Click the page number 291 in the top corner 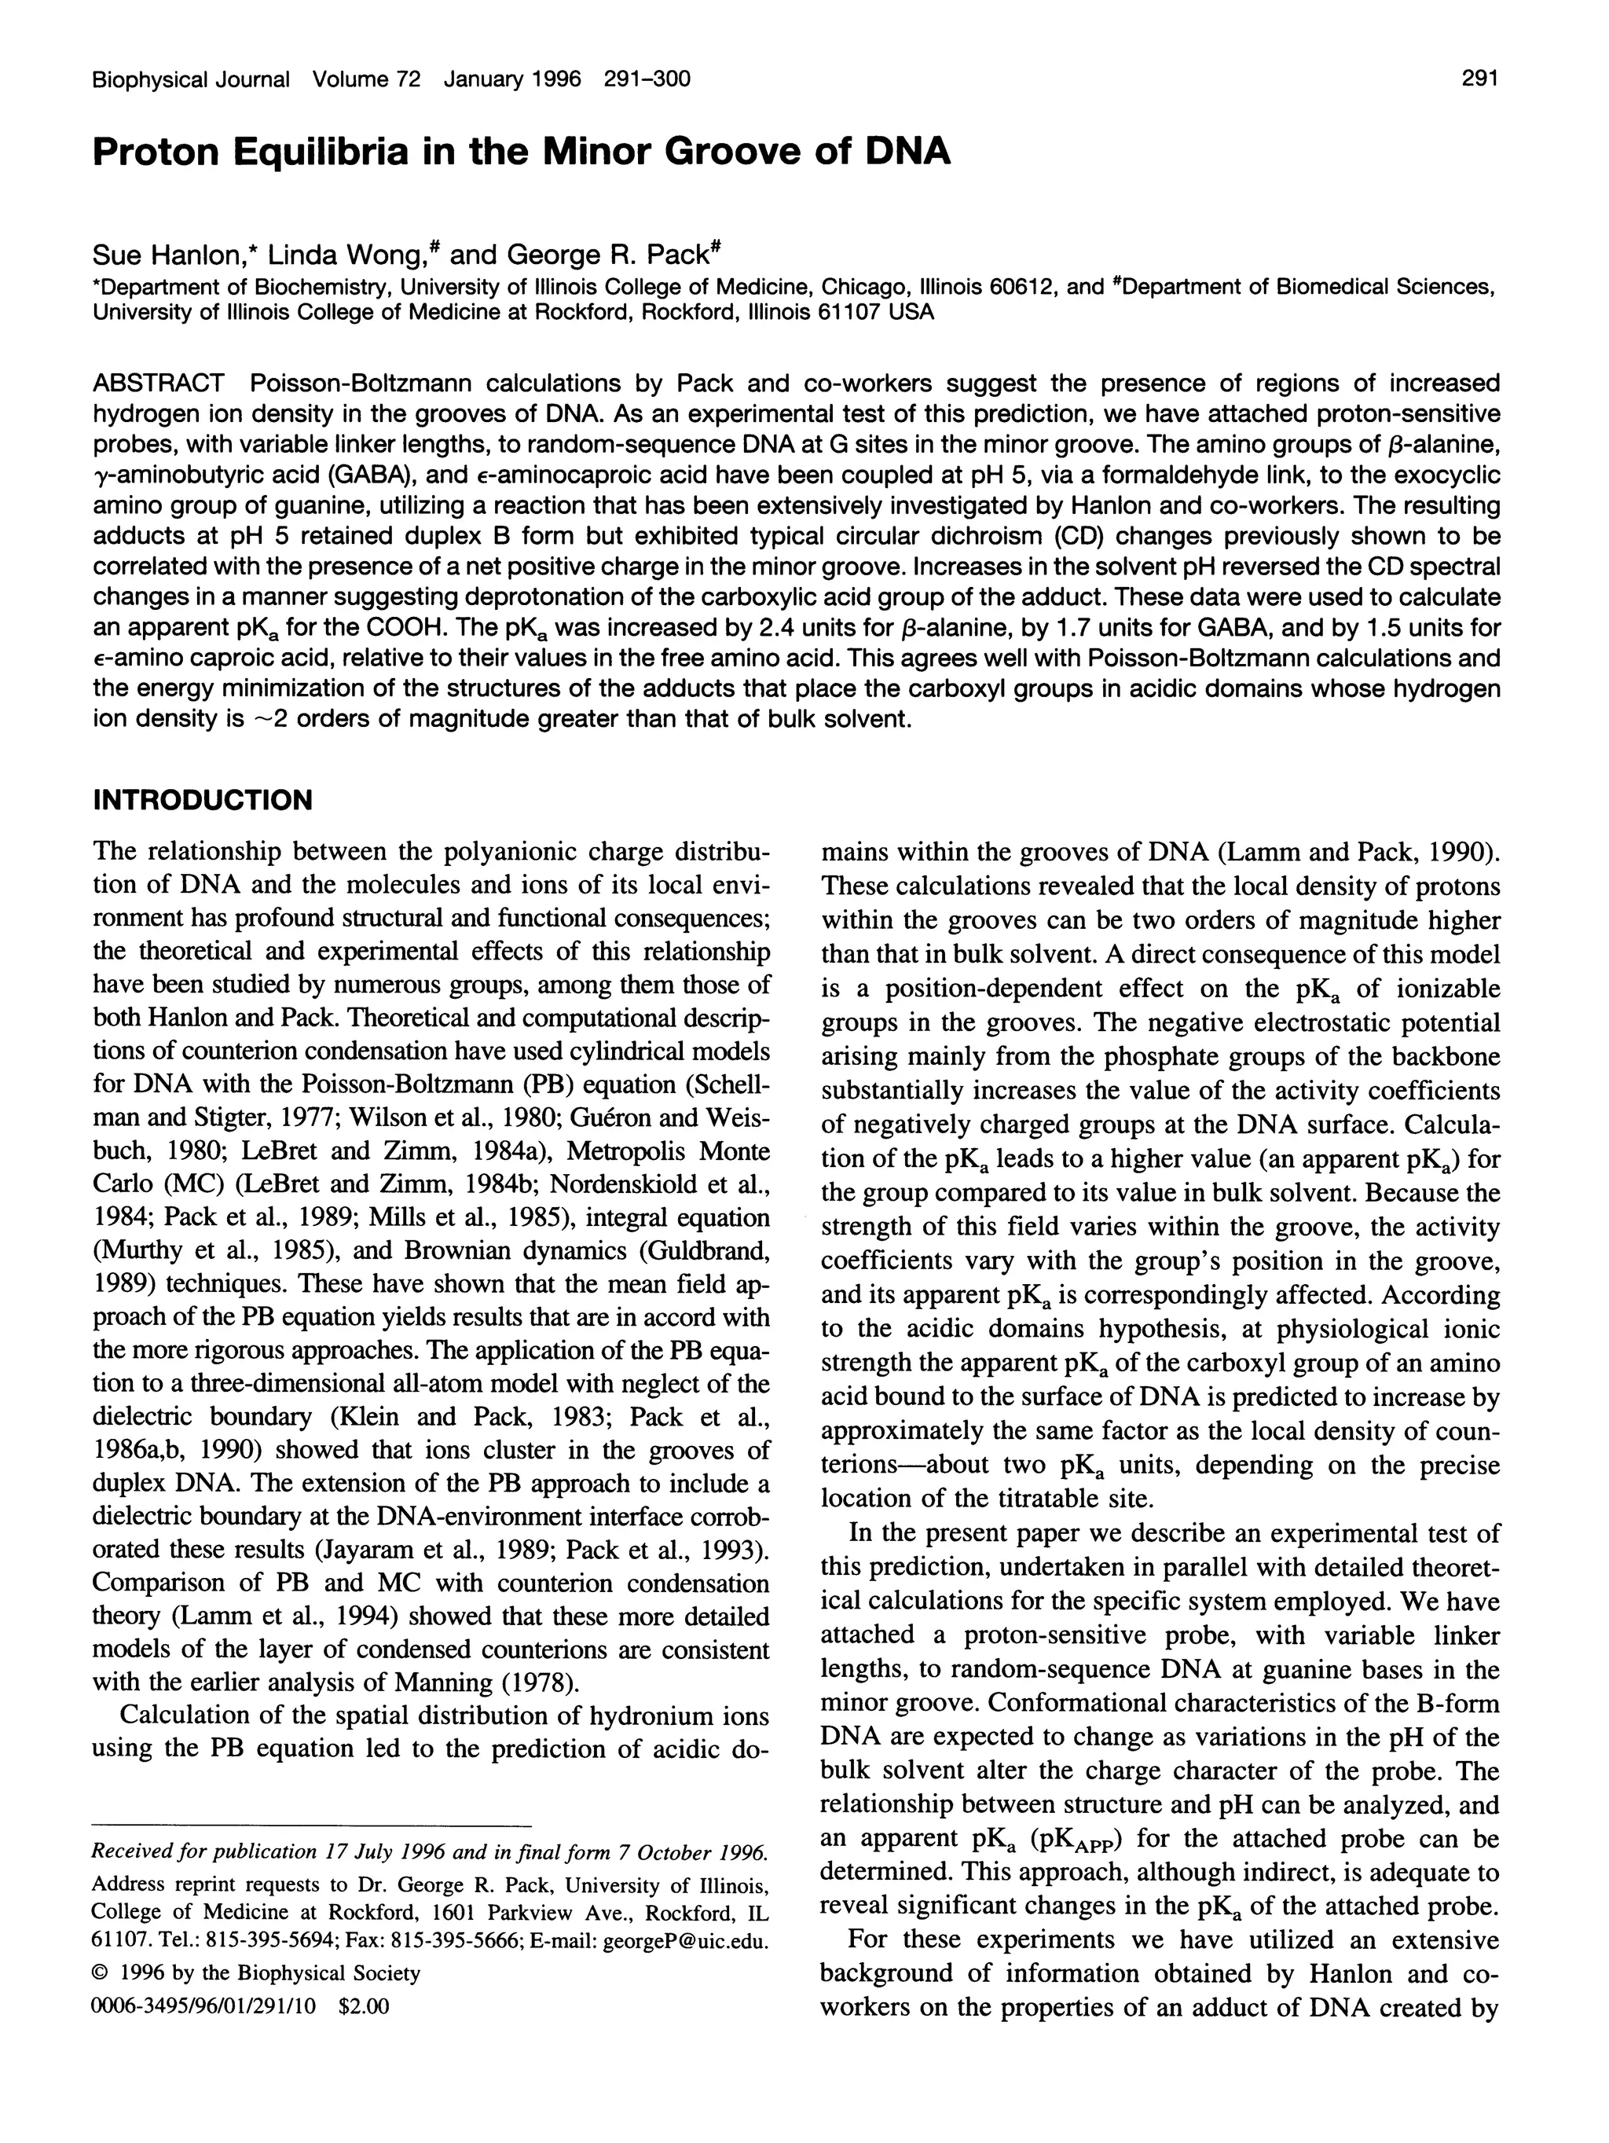[1479, 79]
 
